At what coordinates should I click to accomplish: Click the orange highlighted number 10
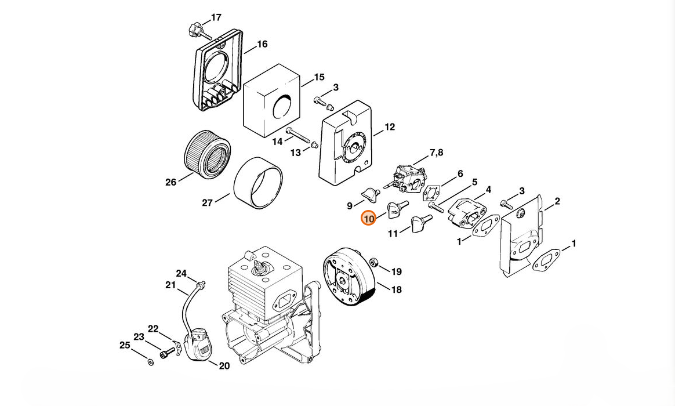pos(369,218)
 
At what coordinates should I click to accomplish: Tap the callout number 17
pos(216,17)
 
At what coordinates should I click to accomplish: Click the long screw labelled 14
pos(298,135)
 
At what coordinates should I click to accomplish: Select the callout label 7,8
pos(437,153)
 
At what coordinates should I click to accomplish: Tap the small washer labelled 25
pos(150,362)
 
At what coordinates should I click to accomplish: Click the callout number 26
pos(171,182)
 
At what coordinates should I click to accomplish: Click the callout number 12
pos(390,127)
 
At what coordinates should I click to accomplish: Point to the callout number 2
pos(557,201)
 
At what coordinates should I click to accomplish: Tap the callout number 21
pos(170,285)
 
